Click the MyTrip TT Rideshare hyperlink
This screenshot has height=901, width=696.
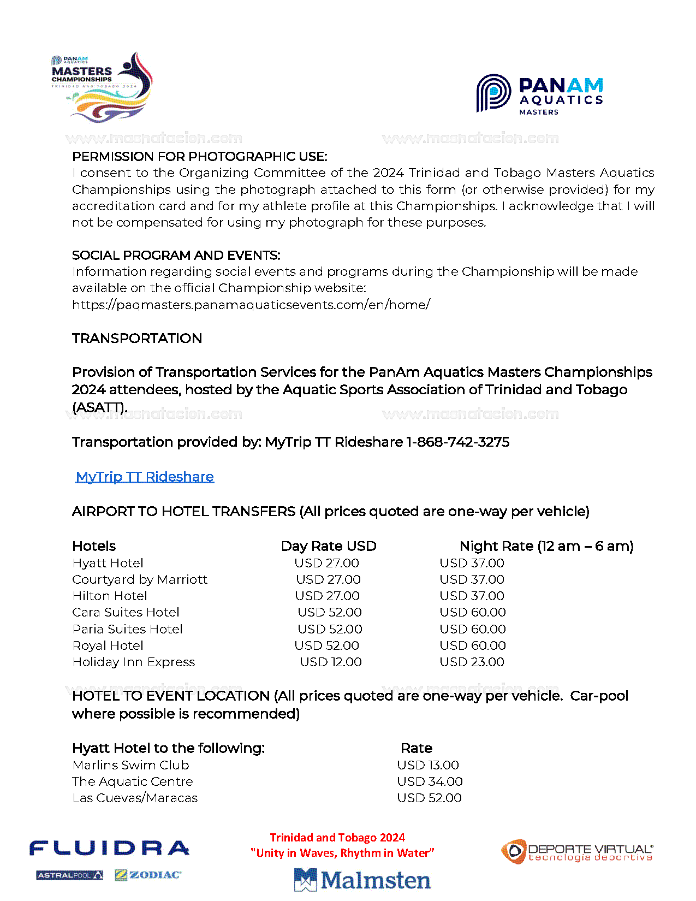[x=145, y=477]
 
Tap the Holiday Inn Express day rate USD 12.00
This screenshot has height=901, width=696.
[x=331, y=662]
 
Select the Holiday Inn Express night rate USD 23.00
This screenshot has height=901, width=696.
[x=472, y=662]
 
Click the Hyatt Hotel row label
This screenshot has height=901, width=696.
[x=108, y=563]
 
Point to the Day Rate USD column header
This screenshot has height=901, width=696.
[x=329, y=546]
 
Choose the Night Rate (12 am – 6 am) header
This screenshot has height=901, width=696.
[x=546, y=546]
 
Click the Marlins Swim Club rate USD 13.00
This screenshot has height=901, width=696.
[x=428, y=765]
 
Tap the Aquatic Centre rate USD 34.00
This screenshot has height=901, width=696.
[x=430, y=781]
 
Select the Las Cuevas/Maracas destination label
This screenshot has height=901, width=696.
[x=135, y=798]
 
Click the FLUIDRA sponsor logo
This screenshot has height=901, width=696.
[x=109, y=849]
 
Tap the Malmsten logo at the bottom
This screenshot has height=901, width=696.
[x=362, y=880]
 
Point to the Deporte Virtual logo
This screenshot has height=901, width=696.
[x=577, y=852]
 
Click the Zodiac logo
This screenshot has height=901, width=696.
[x=148, y=875]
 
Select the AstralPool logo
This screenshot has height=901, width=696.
[x=69, y=875]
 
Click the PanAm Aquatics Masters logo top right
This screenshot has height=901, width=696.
[x=539, y=94]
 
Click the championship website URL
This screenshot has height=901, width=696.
[x=251, y=305]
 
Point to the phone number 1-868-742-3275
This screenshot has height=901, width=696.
[x=457, y=442]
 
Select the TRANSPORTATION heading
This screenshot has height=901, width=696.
[x=137, y=338]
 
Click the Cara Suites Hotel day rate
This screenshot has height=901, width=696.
[x=330, y=612]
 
